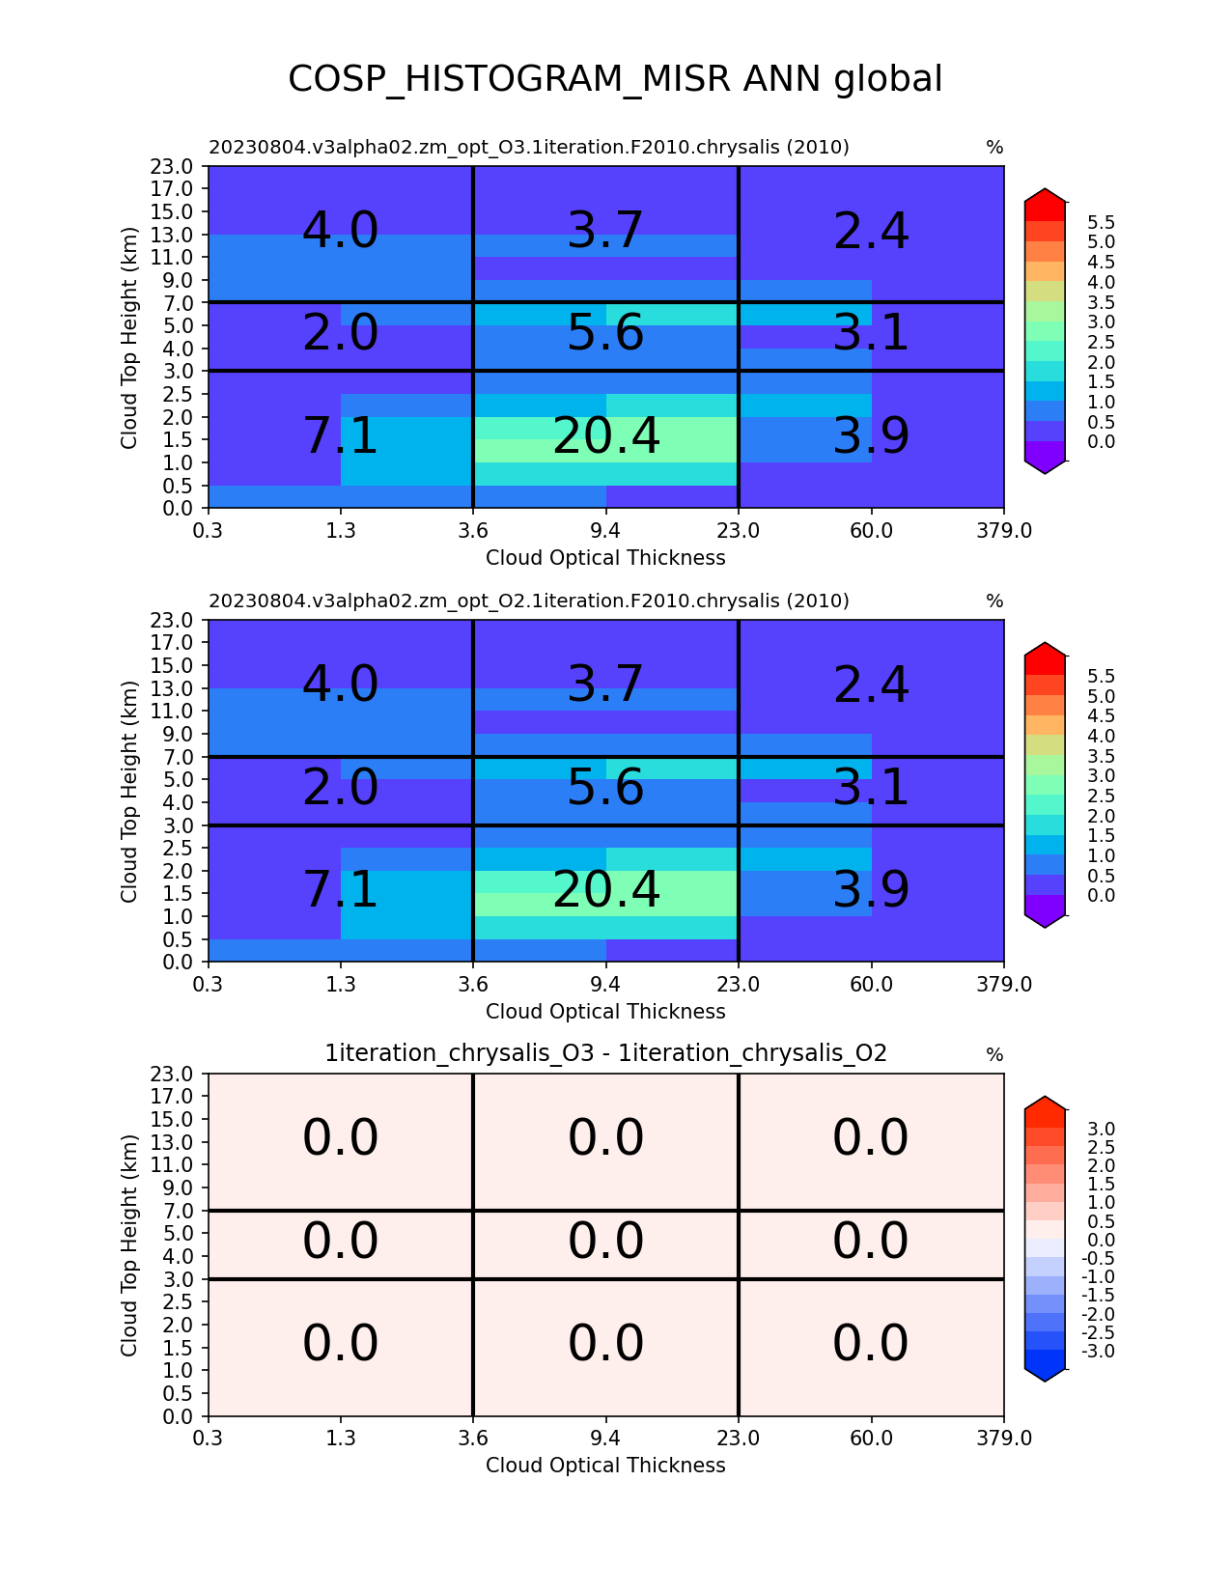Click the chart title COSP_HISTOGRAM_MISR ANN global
pyautogui.click(x=615, y=79)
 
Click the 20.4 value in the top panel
pyautogui.click(x=606, y=435)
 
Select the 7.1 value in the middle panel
pyautogui.click(x=341, y=889)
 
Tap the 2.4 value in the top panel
pyautogui.click(x=871, y=232)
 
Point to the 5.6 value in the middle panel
pyautogui.click(x=605, y=787)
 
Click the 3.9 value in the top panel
pyautogui.click(x=871, y=435)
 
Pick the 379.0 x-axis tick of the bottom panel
pyautogui.click(x=1004, y=1439)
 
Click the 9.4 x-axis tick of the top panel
pyautogui.click(x=605, y=530)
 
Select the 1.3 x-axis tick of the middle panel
pyautogui.click(x=341, y=984)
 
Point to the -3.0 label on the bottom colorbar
pyautogui.click(x=1098, y=1351)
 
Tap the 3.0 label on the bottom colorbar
pyautogui.click(x=1101, y=1129)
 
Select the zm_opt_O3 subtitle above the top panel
pyautogui.click(x=528, y=148)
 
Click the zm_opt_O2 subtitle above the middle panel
pyautogui.click(x=528, y=601)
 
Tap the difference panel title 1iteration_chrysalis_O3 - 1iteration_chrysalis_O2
pyautogui.click(x=605, y=1053)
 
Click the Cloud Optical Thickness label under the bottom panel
pyautogui.click(x=605, y=1466)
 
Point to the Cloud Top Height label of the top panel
pyautogui.click(x=129, y=337)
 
